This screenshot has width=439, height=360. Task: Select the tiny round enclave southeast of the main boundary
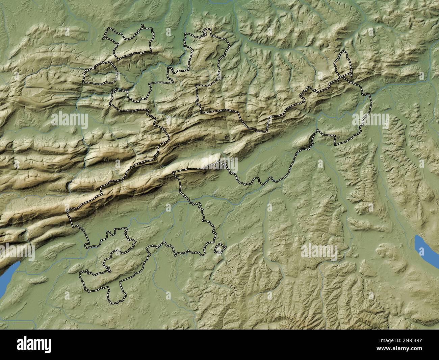click(220, 249)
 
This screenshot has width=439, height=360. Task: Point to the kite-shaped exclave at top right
click(343, 64)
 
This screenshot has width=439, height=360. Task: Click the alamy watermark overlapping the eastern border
click(370, 120)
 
